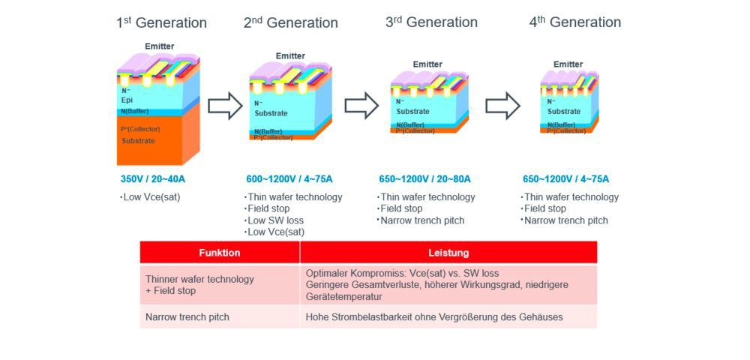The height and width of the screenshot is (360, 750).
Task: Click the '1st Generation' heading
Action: (161, 22)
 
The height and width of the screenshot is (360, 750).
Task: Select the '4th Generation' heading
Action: (575, 22)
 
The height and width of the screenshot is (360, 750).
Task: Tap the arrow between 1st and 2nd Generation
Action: (224, 106)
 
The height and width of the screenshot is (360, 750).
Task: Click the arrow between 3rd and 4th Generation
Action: (502, 106)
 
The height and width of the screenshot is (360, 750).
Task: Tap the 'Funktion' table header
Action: (220, 253)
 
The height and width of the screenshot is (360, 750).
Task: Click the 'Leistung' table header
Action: (448, 253)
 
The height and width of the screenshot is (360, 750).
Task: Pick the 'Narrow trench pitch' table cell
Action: (187, 317)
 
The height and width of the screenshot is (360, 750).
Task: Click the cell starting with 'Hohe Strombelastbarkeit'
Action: (434, 317)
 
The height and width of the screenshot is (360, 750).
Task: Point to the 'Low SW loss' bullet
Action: (272, 220)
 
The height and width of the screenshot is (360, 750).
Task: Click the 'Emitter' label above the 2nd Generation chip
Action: (290, 56)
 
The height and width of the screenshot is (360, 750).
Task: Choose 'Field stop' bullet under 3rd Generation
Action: (401, 208)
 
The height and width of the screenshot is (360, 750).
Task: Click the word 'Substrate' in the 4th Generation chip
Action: (563, 112)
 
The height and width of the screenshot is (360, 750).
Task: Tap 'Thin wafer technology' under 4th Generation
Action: (571, 197)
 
